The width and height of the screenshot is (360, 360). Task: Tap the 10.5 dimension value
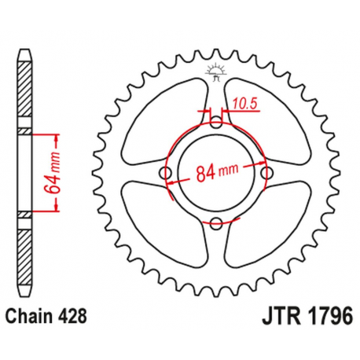(x=244, y=101)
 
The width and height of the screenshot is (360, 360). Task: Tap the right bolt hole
(x=267, y=173)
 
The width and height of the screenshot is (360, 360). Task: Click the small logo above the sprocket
(x=215, y=73)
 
